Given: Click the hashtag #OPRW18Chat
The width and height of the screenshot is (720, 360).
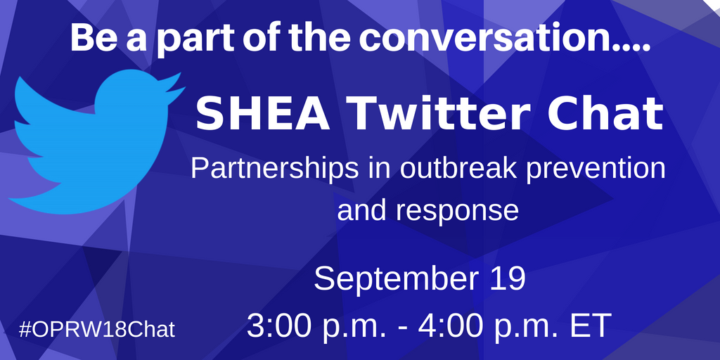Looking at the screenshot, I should [x=98, y=329].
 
